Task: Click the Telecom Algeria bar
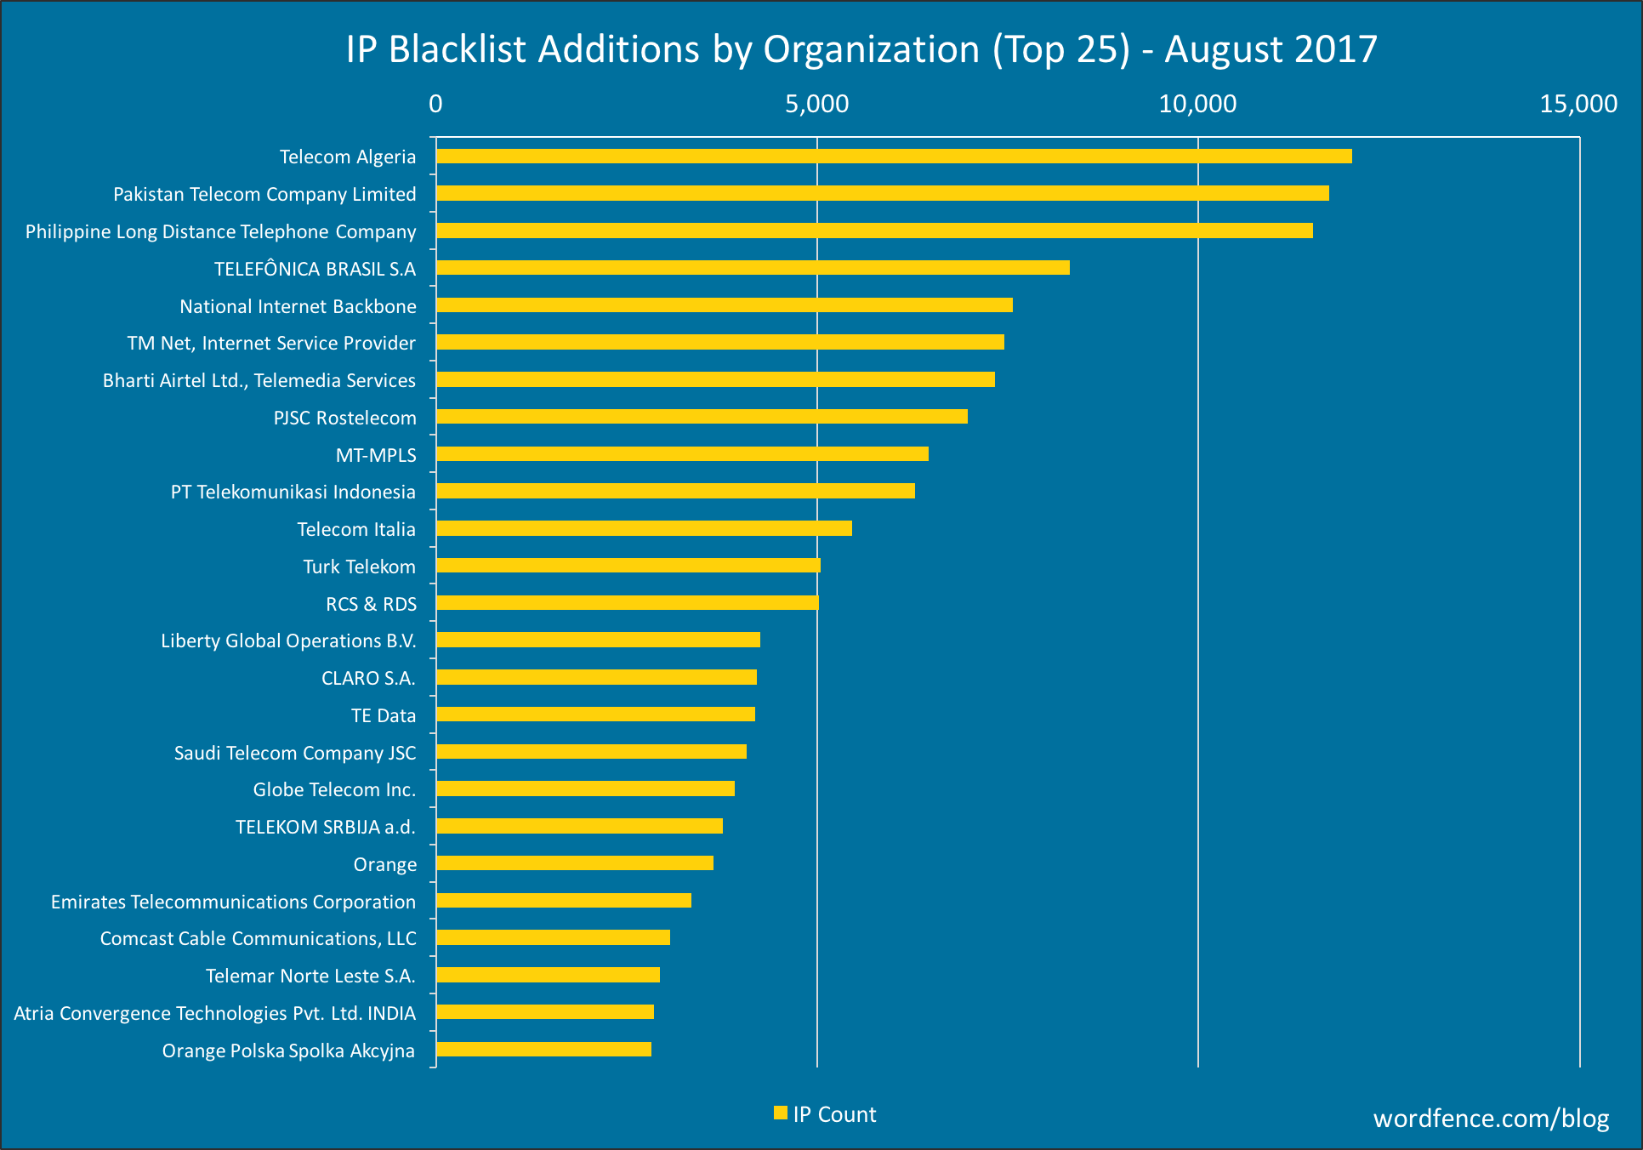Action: click(893, 157)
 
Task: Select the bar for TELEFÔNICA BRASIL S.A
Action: click(753, 268)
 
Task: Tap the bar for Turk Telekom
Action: click(628, 566)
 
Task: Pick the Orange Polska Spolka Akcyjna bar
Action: click(543, 1050)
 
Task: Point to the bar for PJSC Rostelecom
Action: click(702, 417)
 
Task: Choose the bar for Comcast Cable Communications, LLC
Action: click(553, 937)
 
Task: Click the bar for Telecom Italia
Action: click(644, 528)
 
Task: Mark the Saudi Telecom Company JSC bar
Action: click(591, 752)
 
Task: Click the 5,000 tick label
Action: click(816, 104)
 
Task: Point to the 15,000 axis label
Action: click(1578, 104)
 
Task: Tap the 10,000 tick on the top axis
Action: click(1197, 104)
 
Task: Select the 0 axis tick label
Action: click(435, 104)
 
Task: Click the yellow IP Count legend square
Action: click(780, 1113)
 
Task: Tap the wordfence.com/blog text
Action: click(1491, 1118)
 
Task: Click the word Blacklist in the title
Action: click(458, 49)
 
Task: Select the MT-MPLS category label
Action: click(376, 455)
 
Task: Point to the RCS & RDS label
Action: click(371, 604)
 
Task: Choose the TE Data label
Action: click(384, 715)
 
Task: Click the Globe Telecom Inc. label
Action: click(334, 789)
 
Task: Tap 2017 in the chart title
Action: click(1336, 49)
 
